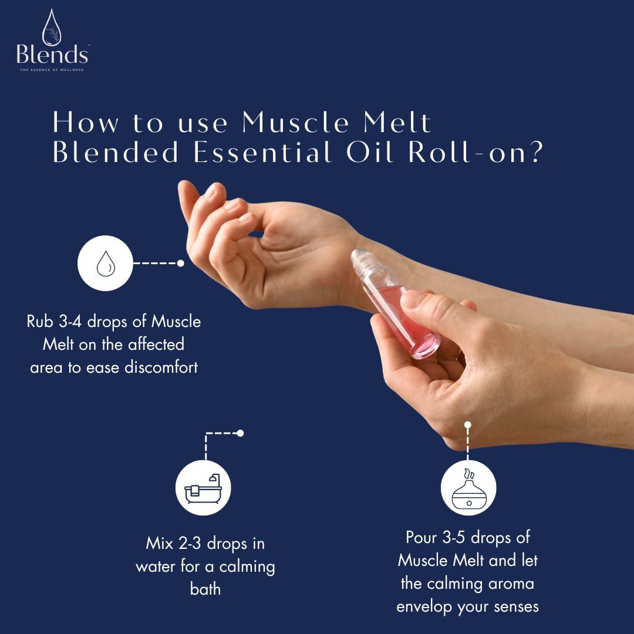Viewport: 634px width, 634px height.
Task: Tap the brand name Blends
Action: (52, 55)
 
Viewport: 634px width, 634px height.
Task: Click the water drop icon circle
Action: (105, 264)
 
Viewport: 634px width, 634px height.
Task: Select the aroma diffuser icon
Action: (468, 488)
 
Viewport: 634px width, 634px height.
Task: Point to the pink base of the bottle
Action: (424, 346)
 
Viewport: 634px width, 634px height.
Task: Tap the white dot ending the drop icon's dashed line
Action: (181, 264)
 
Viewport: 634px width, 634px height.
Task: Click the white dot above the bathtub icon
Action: (240, 433)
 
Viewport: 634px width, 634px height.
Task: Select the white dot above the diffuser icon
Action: (468, 424)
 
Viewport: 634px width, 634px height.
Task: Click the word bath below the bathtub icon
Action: (205, 589)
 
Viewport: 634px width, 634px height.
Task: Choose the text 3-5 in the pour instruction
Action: (450, 537)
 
